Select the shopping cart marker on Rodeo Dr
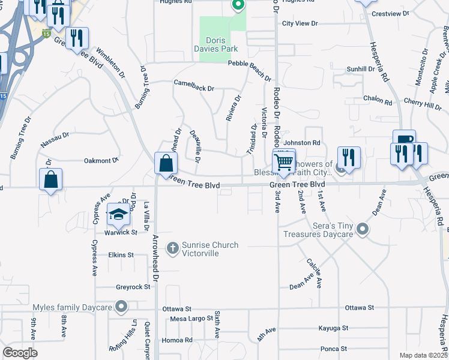[x=283, y=161]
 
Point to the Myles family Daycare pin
[x=121, y=307]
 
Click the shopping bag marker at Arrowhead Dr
[x=166, y=163]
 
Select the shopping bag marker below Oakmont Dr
[x=52, y=179]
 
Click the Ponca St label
[x=334, y=349]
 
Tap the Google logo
[x=20, y=353]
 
